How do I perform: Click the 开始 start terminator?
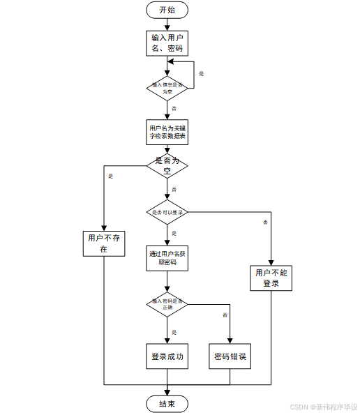coord(167,10)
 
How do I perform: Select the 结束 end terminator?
coord(167,404)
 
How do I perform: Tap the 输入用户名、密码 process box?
coord(167,43)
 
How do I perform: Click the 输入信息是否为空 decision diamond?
coord(167,87)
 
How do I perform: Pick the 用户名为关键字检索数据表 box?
coord(167,133)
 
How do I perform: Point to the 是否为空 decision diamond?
coord(167,165)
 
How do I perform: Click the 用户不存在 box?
coord(103,243)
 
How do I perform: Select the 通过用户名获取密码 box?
coord(167,258)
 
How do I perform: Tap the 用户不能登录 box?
coord(271,278)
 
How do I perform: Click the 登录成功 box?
coord(167,356)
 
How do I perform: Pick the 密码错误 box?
coord(230,356)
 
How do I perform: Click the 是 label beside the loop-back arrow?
coord(202,73)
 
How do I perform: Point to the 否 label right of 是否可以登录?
coord(265,222)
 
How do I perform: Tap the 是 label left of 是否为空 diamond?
coord(111,176)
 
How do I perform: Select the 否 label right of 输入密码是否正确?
coord(225,315)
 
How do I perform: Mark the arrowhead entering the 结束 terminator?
coord(167,393)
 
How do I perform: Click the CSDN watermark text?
coord(324,406)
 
